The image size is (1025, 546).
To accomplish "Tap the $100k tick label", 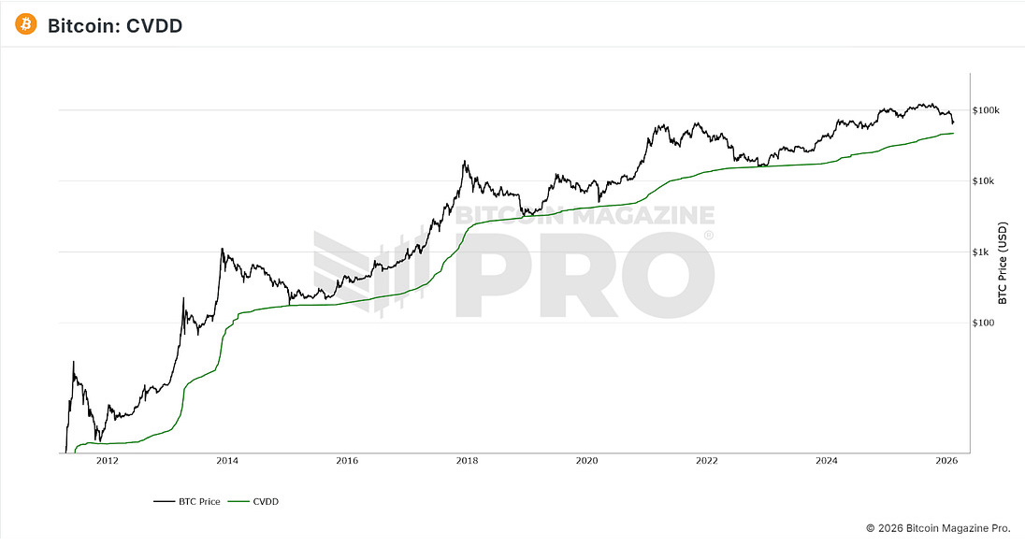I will pyautogui.click(x=987, y=110).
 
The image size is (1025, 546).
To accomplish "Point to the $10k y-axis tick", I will pyautogui.click(x=985, y=181).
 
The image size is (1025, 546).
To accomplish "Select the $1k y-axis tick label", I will pyautogui.click(x=982, y=252).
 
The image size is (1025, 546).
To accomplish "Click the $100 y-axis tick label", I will pyautogui.click(x=984, y=323).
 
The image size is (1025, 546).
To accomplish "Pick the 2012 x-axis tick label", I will pyautogui.click(x=107, y=460).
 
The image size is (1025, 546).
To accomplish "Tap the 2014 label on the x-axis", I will pyautogui.click(x=226, y=460).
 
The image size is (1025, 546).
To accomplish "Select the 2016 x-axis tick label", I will pyautogui.click(x=346, y=460).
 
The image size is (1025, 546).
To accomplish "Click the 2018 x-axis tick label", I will pyautogui.click(x=467, y=460).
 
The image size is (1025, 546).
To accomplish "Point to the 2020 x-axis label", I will pyautogui.click(x=586, y=460).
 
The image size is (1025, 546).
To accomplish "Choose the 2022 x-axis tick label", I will pyautogui.click(x=706, y=460).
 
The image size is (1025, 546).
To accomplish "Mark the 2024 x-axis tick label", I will pyautogui.click(x=826, y=460).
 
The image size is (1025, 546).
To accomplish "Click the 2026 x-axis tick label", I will pyautogui.click(x=946, y=460).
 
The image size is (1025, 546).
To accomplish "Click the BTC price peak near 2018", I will pyautogui.click(x=465, y=162).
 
